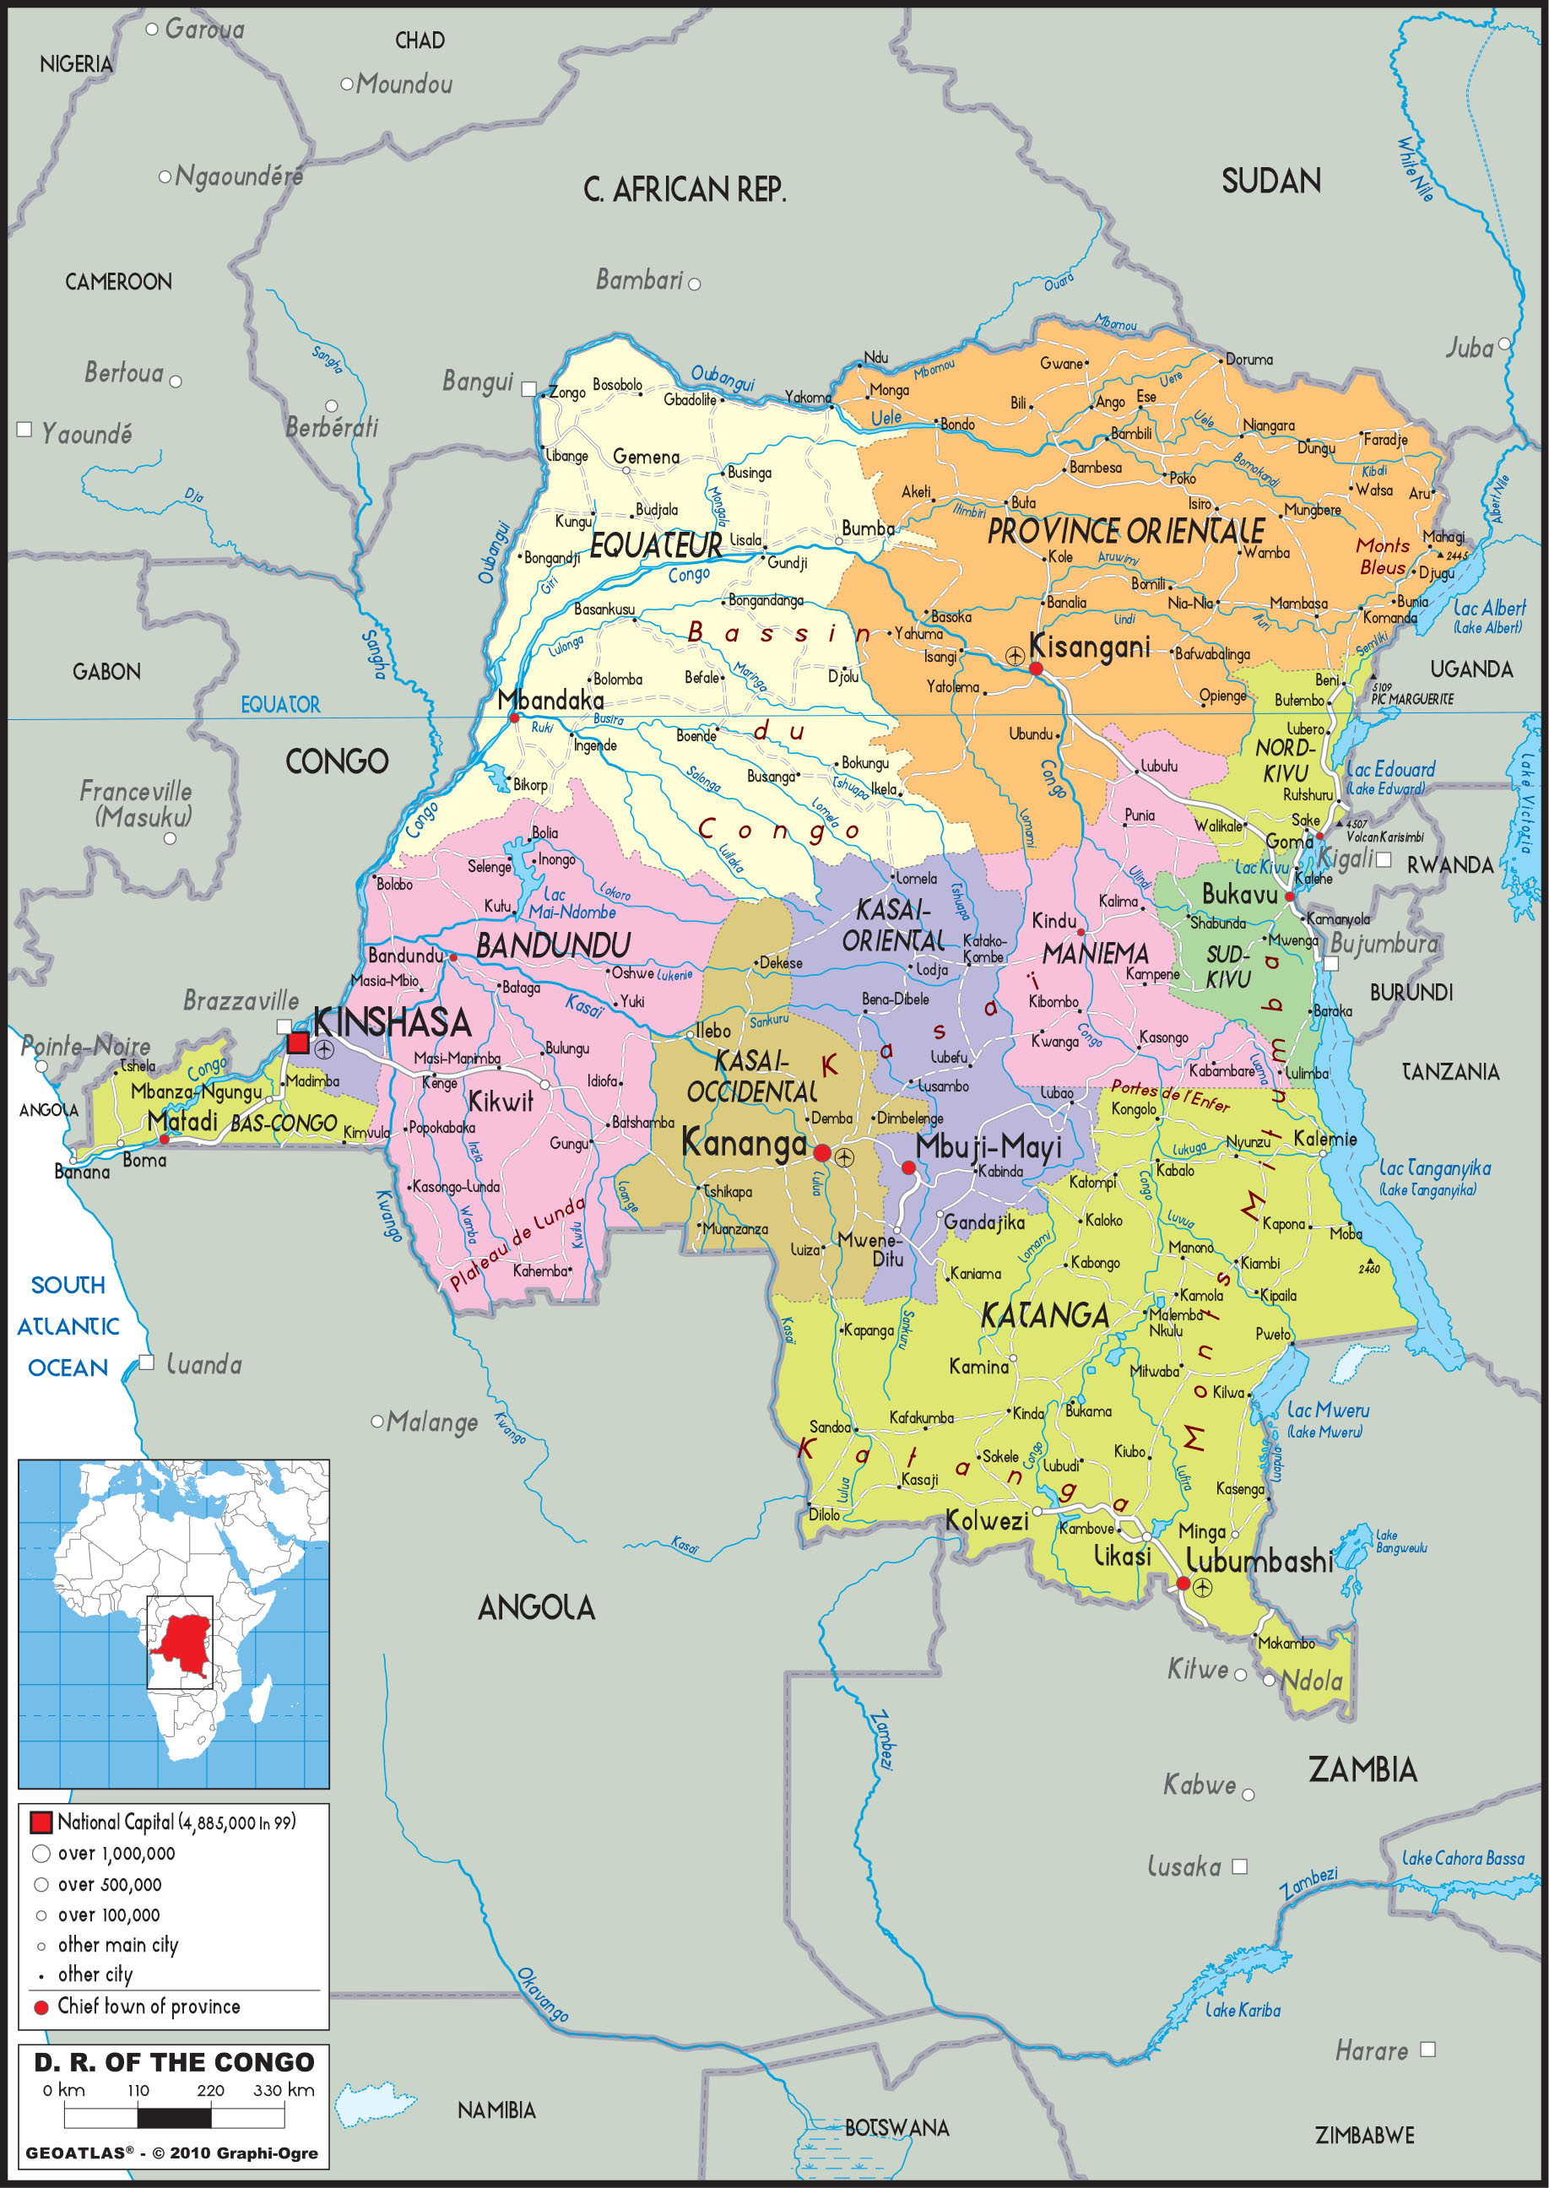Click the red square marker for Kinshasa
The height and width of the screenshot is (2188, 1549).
tap(298, 1043)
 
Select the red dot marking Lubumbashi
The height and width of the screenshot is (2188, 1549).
tap(1183, 1584)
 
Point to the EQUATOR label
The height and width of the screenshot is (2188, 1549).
tap(279, 705)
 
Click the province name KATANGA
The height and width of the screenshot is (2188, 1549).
tap(1044, 1316)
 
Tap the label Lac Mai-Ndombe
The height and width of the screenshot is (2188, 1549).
tap(571, 903)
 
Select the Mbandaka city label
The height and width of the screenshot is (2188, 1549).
tap(550, 700)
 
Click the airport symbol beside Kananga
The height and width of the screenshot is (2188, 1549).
tap(844, 1157)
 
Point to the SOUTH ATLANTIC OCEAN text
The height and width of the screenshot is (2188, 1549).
tap(68, 1326)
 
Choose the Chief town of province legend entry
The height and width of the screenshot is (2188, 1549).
tap(148, 2007)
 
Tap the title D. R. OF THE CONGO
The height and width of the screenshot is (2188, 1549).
tap(175, 2062)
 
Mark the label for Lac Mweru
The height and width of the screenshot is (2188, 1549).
tap(1328, 1411)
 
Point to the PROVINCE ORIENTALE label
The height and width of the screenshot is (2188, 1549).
tap(1125, 531)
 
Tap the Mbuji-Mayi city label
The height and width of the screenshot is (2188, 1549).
tap(988, 1147)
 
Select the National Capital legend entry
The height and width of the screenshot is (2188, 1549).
tap(176, 1822)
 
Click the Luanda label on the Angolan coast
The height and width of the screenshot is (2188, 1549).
tap(203, 1365)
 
